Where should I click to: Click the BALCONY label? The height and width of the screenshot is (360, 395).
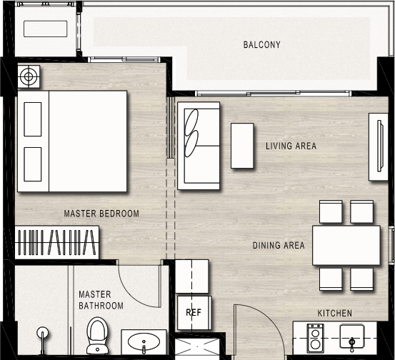(x=261, y=45)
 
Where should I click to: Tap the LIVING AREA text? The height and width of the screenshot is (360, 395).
(x=291, y=146)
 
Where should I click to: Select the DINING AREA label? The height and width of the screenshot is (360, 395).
(x=279, y=246)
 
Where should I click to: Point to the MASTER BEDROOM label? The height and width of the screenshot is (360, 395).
(x=101, y=214)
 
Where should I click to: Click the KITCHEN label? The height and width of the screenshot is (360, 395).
(x=335, y=314)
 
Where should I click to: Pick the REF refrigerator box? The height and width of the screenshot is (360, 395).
(x=194, y=313)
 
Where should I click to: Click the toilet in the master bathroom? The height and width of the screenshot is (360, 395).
(x=97, y=336)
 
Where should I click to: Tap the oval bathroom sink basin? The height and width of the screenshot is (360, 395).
(x=144, y=342)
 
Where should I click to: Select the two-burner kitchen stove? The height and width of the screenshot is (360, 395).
(x=315, y=339)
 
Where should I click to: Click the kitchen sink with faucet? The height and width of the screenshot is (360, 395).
(x=352, y=336)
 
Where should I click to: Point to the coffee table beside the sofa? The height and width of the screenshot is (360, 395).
(x=242, y=146)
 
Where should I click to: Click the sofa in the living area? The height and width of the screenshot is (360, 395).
(x=199, y=146)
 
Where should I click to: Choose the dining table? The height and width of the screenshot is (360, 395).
(x=346, y=246)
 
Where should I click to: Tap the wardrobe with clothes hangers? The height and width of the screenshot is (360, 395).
(x=56, y=242)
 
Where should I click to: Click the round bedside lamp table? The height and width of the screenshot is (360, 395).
(x=29, y=76)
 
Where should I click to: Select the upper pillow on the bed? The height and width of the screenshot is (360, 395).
(x=33, y=119)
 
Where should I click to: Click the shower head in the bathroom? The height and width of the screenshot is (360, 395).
(x=43, y=333)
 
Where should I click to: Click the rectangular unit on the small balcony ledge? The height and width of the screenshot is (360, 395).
(x=45, y=29)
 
